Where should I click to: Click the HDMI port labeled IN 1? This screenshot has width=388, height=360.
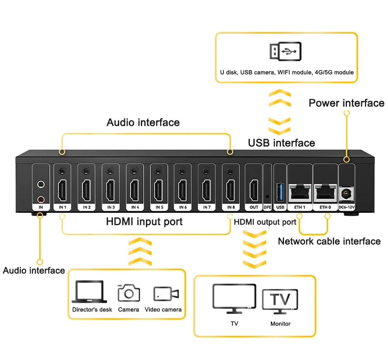click(62, 190)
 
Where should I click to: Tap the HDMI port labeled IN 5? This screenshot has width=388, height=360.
click(158, 190)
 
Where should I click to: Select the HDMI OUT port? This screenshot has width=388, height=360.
click(254, 190)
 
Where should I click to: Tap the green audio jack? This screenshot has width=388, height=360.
click(40, 185)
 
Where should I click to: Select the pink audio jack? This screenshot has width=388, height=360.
click(40, 199)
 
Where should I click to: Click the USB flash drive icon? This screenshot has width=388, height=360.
click(285, 52)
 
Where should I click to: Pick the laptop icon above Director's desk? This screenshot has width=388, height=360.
click(89, 291)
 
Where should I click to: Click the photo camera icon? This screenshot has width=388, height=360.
click(128, 293)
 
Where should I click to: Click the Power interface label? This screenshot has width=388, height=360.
click(346, 103)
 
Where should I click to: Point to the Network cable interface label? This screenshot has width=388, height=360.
click(329, 241)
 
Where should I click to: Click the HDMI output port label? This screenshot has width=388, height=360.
click(265, 222)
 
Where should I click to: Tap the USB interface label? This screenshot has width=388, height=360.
click(281, 143)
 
